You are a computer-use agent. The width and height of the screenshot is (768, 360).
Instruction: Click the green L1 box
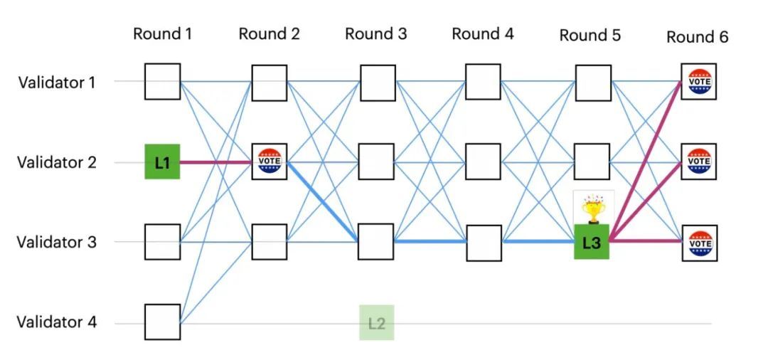pyautogui.click(x=162, y=162)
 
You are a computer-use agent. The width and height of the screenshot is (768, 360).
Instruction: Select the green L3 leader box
pyautogui.click(x=592, y=242)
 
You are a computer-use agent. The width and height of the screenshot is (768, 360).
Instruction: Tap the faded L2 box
pyautogui.click(x=376, y=322)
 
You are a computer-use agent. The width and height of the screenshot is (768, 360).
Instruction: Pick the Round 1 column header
pyautogui.click(x=162, y=33)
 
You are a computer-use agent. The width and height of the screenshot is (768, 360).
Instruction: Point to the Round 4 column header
pyautogui.click(x=483, y=33)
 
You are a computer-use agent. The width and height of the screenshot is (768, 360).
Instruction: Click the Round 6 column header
pyautogui.click(x=697, y=37)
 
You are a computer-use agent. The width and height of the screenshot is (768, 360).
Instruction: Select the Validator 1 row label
pyautogui.click(x=56, y=83)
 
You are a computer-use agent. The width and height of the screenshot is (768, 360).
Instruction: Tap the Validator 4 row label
pyautogui.click(x=56, y=322)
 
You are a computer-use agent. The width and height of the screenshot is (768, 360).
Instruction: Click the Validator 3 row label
pyautogui.click(x=56, y=242)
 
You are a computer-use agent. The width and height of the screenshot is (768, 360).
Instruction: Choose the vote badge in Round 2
pyautogui.click(x=270, y=162)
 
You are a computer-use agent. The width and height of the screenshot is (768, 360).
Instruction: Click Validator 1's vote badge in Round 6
pyautogui.click(x=698, y=82)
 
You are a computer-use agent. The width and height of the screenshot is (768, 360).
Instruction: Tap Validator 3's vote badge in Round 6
pyautogui.click(x=698, y=243)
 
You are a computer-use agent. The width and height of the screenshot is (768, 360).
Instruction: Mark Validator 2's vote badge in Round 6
pyautogui.click(x=698, y=162)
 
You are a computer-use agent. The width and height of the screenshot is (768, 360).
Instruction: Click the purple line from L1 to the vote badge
pyautogui.click(x=215, y=162)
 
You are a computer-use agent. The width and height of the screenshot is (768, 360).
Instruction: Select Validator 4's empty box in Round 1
pyautogui.click(x=162, y=322)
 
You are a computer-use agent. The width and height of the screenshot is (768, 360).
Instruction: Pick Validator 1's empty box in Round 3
pyautogui.click(x=377, y=83)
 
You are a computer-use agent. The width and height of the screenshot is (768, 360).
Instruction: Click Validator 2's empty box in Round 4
pyautogui.click(x=484, y=162)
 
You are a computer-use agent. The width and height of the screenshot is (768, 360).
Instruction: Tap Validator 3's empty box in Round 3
pyautogui.click(x=376, y=242)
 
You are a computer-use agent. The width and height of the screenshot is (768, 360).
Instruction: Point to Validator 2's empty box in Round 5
pyautogui.click(x=592, y=162)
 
